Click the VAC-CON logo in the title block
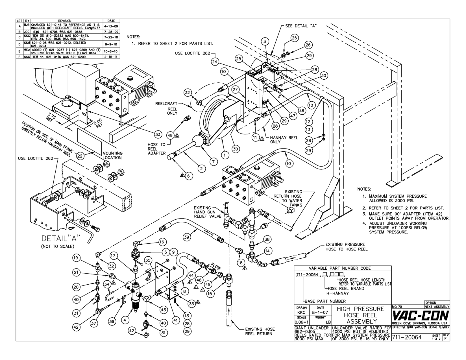point(421,316)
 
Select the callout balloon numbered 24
point(214,62)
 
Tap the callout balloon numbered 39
point(187,237)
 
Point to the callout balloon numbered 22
point(80,156)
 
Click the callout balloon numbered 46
point(302,111)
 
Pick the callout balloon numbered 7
point(214,162)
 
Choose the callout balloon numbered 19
point(76,258)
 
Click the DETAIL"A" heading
point(61,238)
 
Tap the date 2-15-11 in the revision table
point(111,57)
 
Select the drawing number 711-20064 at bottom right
point(407,337)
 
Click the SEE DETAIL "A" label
point(301,26)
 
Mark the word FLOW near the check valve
point(215,267)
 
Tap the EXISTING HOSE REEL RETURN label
point(260,331)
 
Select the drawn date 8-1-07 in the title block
point(320,312)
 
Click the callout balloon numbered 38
point(267,239)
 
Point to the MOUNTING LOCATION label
point(112,156)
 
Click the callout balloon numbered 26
point(308,45)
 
